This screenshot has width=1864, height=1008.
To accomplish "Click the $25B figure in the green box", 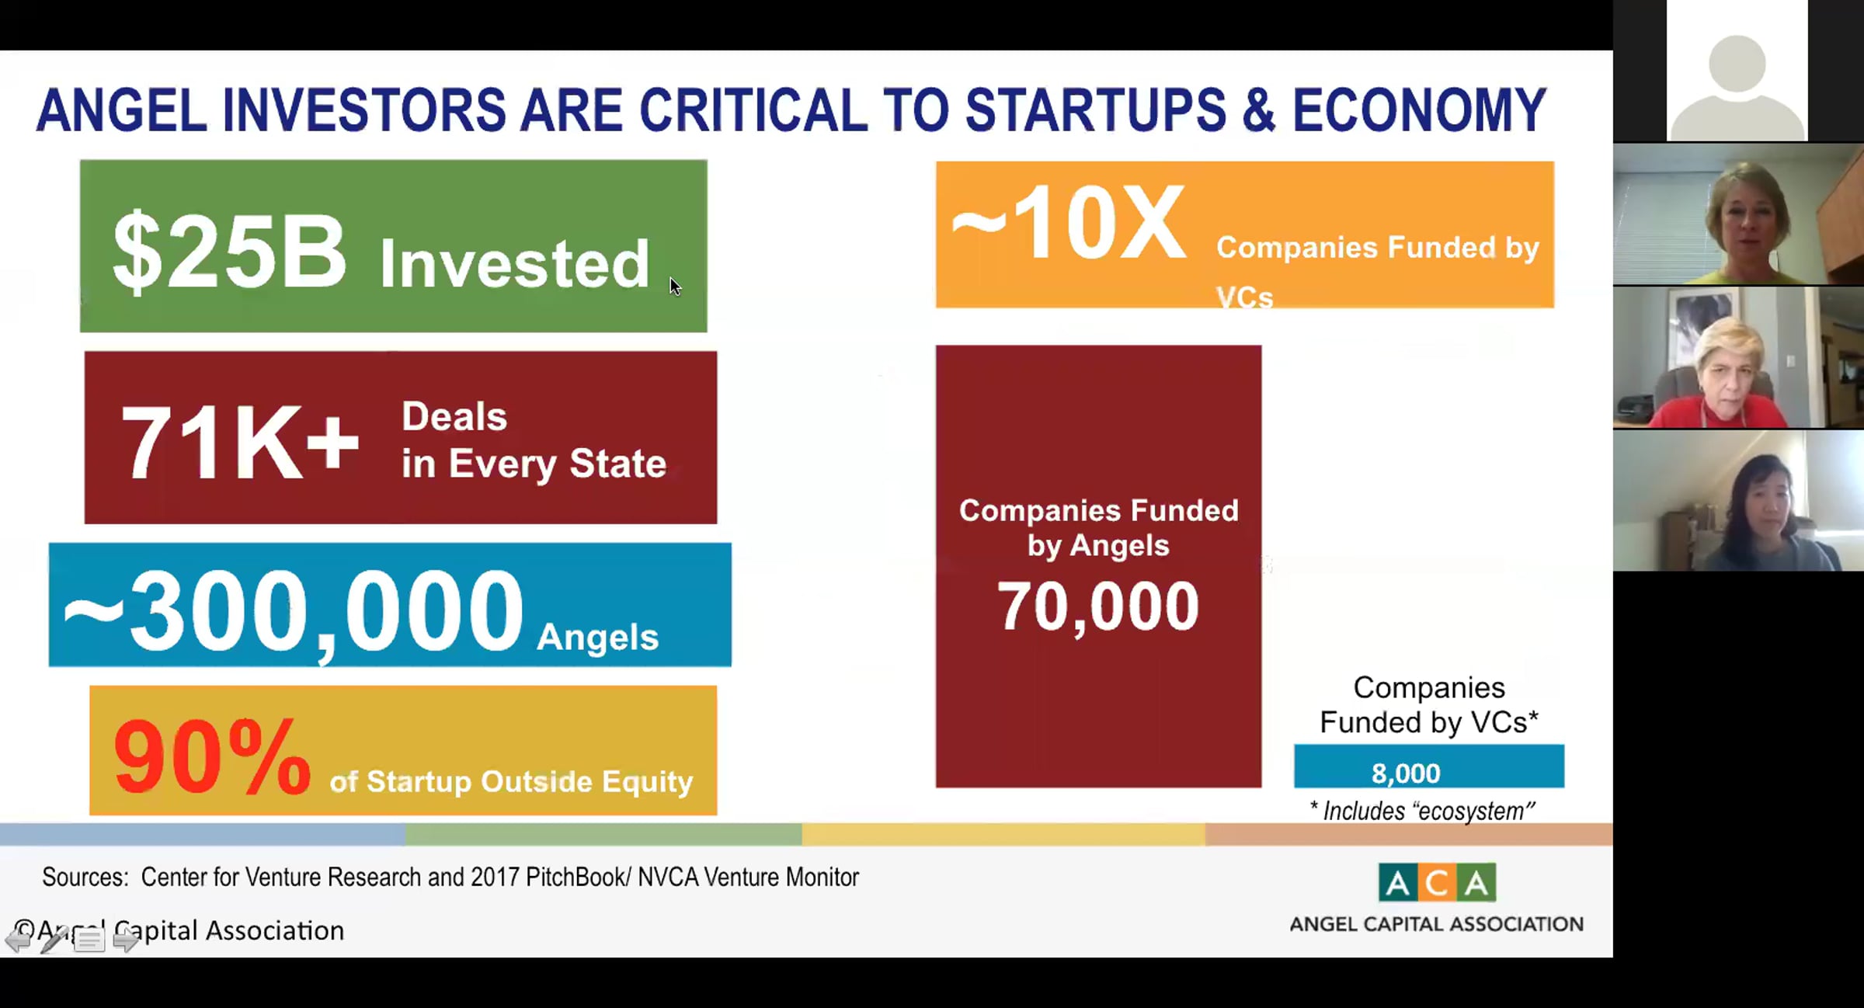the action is [229, 251].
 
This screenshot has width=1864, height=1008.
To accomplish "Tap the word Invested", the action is [514, 263].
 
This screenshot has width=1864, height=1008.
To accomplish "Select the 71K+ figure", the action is [240, 443].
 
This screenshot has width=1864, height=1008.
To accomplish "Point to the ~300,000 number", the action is [293, 611].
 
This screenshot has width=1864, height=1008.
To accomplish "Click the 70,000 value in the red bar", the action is [1097, 607].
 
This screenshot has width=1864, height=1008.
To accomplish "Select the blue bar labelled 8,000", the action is [1428, 766].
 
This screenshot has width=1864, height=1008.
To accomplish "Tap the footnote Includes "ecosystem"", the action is [1422, 811].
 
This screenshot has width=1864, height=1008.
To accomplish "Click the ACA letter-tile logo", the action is [1437, 882].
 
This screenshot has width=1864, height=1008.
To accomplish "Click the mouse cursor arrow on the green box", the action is [675, 286].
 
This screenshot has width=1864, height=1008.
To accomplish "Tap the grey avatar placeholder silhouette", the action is [1737, 85].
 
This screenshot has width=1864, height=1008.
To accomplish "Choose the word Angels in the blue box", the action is [597, 637].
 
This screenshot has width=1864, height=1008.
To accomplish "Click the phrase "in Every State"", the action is [534, 464].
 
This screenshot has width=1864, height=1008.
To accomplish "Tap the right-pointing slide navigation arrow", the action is [126, 940].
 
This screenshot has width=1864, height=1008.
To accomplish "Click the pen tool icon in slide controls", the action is [54, 939].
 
